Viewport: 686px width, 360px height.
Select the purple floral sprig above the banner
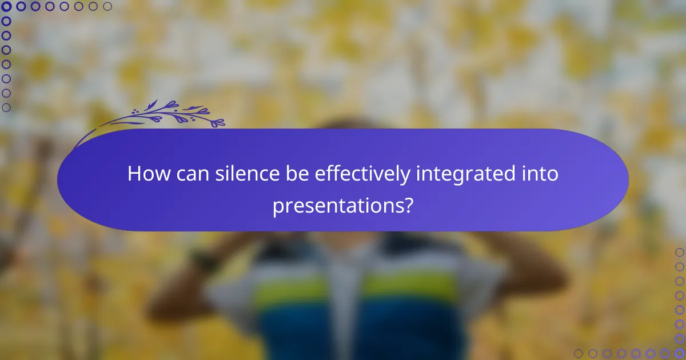[x=166, y=114]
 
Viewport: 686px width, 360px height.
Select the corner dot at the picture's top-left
[x=6, y=7]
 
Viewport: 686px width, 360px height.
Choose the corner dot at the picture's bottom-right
[x=680, y=353]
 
